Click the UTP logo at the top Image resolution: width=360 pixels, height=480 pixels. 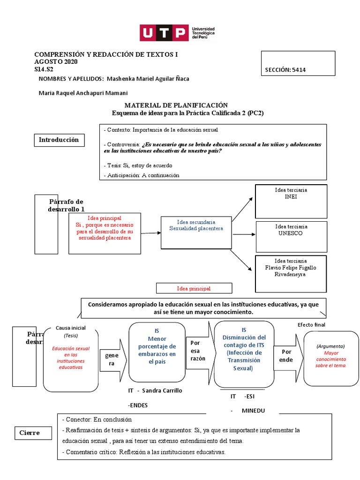177,33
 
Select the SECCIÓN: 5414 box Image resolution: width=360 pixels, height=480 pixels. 298,63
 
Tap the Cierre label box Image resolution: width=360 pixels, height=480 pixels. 30,433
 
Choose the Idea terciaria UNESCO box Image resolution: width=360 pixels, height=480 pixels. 291,234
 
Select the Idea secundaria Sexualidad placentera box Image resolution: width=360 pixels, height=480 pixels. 196,232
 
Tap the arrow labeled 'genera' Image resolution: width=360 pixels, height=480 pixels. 112,360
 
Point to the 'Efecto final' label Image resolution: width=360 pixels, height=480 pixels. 311,324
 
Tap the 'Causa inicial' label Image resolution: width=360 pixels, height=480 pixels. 70,328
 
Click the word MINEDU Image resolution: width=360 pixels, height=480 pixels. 253,411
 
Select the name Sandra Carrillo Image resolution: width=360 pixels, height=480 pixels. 162,390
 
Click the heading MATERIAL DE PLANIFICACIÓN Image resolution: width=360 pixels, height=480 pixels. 176,105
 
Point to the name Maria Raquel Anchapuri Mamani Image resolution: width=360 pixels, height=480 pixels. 83,93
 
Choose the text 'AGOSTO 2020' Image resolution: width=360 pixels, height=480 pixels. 56,62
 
